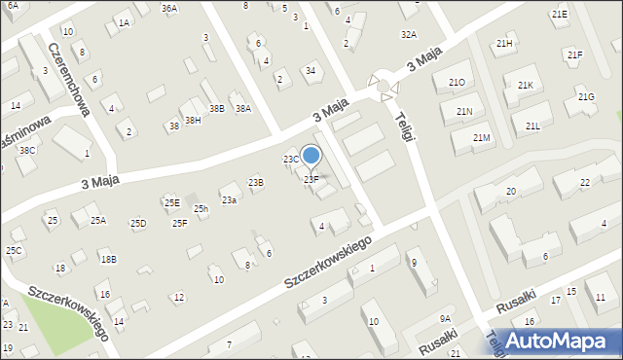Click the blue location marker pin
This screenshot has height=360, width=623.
coord(311,156)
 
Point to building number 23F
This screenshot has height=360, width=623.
coord(311,179)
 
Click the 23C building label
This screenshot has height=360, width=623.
coord(291,159)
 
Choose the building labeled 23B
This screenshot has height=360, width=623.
coord(255,182)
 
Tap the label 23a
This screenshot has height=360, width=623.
coord(229,199)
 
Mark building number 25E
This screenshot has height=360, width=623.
coord(171,202)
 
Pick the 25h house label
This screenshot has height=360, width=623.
coord(201,209)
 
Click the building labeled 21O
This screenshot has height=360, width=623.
coord(457,83)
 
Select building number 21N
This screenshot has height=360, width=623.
coord(463,112)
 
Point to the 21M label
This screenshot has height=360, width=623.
coord(481,138)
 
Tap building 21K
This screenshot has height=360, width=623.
coord(526,86)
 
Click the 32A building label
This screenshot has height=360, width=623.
coord(409,34)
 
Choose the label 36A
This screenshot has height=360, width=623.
coord(169,9)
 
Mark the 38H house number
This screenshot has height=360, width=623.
coord(193,120)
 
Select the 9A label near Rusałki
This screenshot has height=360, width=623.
coord(445,319)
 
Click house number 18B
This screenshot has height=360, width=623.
coord(108,259)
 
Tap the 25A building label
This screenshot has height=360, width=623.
coord(98,221)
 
